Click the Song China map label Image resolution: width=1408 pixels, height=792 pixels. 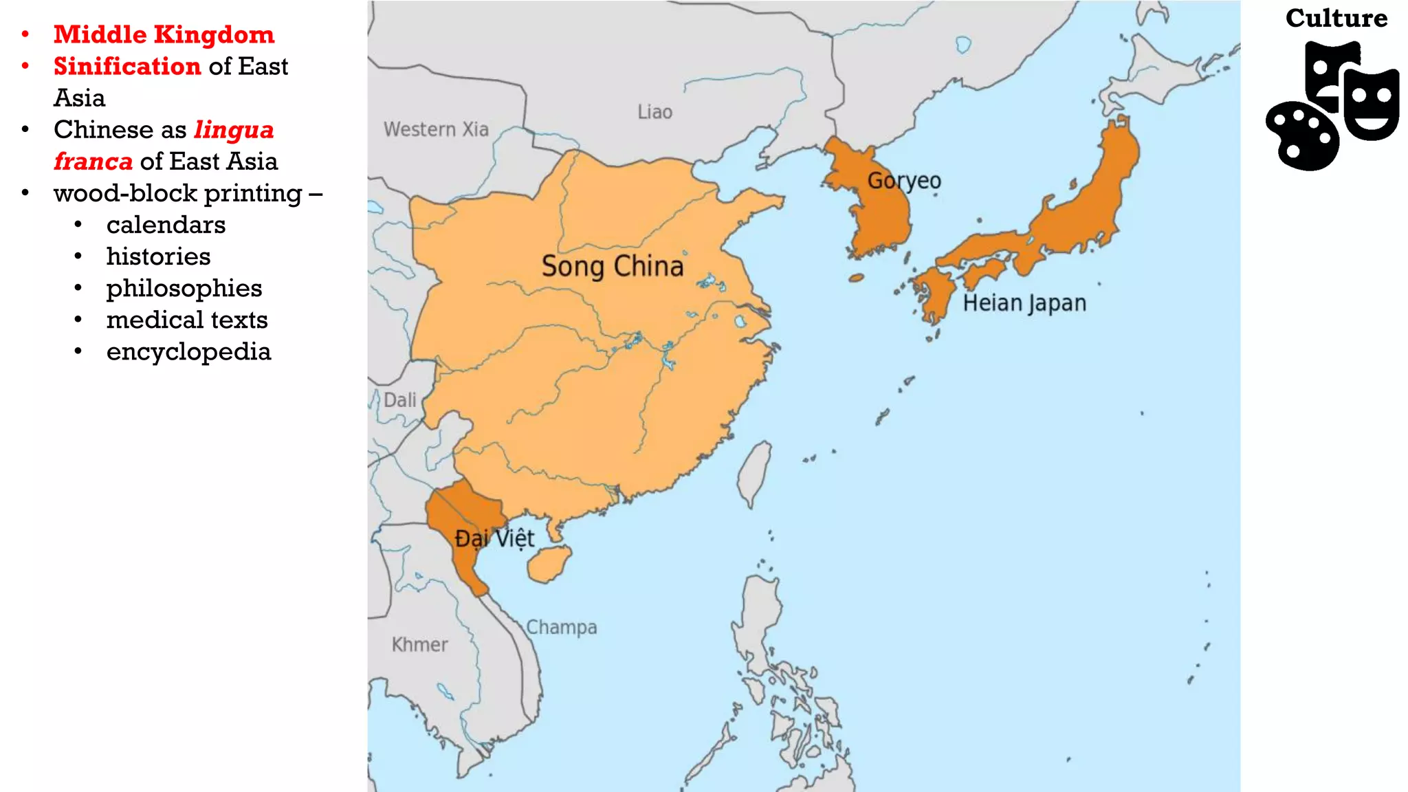point(612,266)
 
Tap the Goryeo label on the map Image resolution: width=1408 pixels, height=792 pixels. point(903,181)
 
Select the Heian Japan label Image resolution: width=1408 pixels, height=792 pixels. point(1024,303)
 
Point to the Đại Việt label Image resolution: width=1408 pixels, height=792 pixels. point(494,538)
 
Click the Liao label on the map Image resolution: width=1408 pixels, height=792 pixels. point(654,112)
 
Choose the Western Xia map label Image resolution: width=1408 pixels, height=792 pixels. point(436,129)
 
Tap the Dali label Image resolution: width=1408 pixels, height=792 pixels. point(399,400)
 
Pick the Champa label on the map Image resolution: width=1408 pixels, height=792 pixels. point(561,627)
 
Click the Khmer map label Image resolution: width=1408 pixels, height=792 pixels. point(419,645)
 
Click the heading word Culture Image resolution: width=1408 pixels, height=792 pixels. point(1336,19)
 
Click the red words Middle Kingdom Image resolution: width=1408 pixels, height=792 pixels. point(164,34)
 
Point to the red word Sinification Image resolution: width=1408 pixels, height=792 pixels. point(127,66)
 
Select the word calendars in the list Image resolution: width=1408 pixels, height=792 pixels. point(166,225)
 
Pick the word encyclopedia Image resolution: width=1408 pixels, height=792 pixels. point(188,351)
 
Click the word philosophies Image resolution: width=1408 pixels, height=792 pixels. point(184,288)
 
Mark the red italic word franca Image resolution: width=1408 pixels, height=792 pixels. point(93,162)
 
